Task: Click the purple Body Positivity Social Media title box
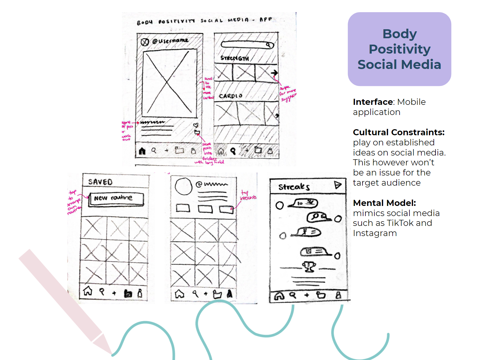click(399, 49)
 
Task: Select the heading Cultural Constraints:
click(398, 132)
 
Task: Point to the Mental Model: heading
click(384, 203)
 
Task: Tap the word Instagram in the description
click(375, 233)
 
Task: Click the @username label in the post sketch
click(170, 41)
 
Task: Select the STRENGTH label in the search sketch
click(234, 58)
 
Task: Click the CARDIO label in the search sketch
click(230, 96)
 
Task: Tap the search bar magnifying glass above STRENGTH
click(268, 45)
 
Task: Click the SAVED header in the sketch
click(100, 182)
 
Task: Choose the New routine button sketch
click(116, 199)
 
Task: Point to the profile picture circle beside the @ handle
click(183, 187)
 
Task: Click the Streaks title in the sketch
click(294, 187)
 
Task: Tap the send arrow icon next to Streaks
click(337, 185)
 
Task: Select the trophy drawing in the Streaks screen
click(309, 266)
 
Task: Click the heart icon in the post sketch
click(196, 125)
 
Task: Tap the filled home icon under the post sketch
click(142, 151)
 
